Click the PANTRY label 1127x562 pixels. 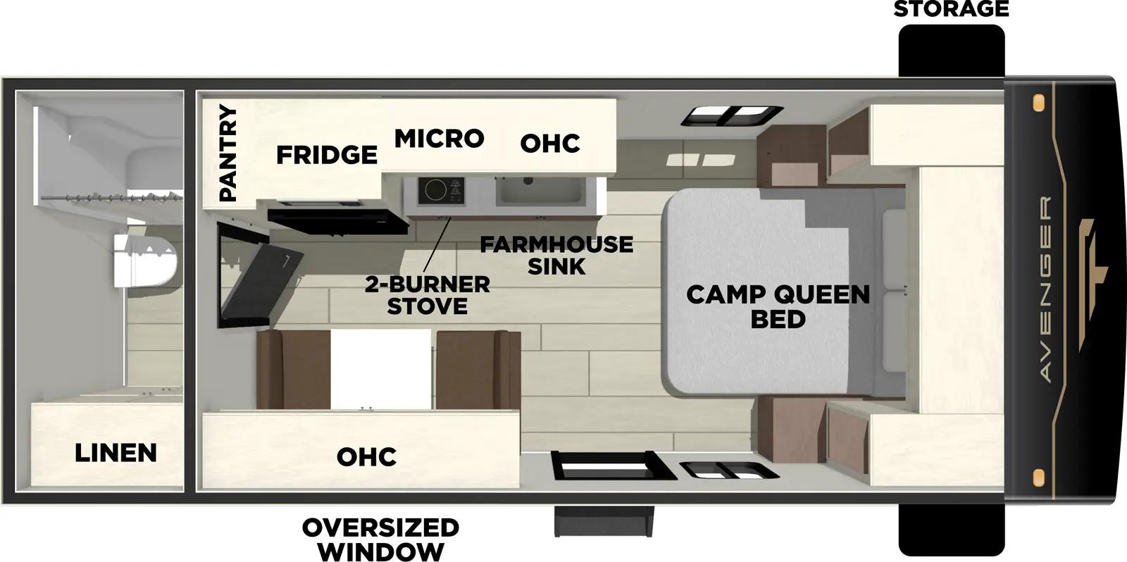(228, 154)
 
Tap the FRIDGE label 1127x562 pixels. (326, 154)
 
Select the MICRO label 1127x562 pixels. (439, 139)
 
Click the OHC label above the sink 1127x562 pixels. (550, 144)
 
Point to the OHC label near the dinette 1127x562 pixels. (366, 456)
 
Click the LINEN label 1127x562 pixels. (116, 452)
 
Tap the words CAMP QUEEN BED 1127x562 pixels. (778, 306)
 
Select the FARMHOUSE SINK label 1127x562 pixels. (556, 255)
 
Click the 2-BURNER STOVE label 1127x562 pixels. (428, 295)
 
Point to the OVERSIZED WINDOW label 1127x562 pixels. (380, 539)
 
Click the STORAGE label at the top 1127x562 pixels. (951, 9)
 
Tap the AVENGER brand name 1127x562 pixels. (1046, 289)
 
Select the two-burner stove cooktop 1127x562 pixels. (441, 190)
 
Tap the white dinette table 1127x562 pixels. (380, 369)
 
